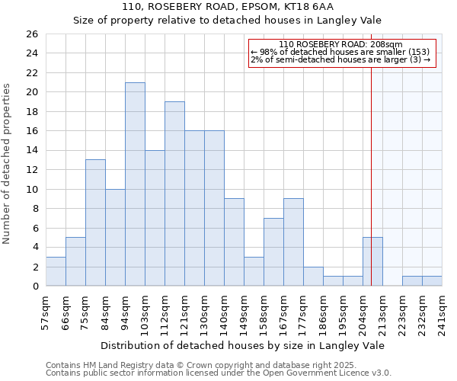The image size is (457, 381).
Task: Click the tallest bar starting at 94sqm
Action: pyautogui.click(x=135, y=184)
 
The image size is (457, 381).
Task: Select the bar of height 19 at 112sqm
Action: pyautogui.click(x=174, y=194)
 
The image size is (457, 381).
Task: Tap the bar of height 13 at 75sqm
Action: pyautogui.click(x=95, y=223)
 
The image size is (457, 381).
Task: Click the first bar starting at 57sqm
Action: pyautogui.click(x=56, y=271)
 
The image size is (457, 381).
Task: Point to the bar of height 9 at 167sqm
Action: pyautogui.click(x=293, y=242)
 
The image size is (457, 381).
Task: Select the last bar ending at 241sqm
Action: pyautogui.click(x=432, y=281)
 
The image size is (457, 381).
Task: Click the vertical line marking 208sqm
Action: pyautogui.click(x=371, y=152)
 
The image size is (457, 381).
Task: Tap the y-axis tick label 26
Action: pyautogui.click(x=31, y=34)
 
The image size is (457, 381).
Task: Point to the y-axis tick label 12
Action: pyautogui.click(x=31, y=170)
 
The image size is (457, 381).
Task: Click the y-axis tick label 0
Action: pyautogui.click(x=34, y=287)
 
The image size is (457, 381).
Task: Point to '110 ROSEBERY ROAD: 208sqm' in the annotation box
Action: pyautogui.click(x=340, y=44)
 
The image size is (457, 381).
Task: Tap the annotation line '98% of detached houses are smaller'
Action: pyautogui.click(x=340, y=52)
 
